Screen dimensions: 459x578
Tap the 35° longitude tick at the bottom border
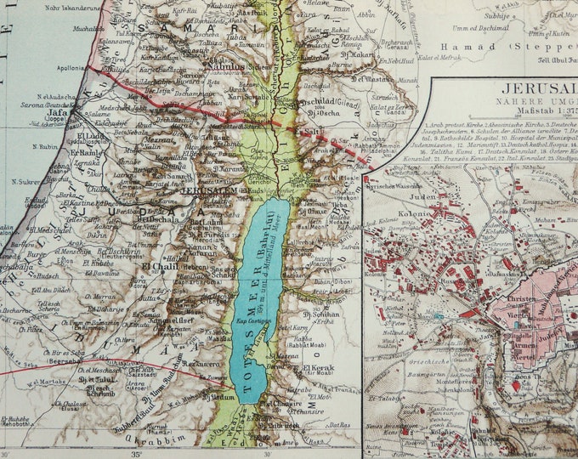(135, 453)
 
